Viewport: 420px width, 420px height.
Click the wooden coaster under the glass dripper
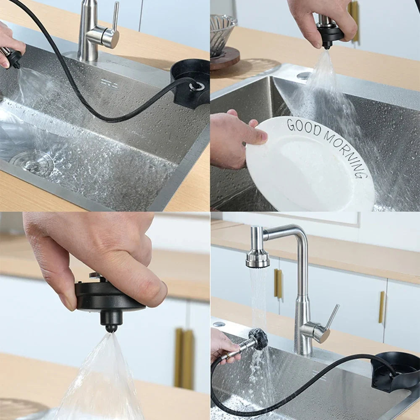pyautogui.click(x=225, y=58)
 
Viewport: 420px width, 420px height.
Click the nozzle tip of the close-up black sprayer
pyautogui.click(x=111, y=327)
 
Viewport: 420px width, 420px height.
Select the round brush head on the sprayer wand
pyautogui.click(x=257, y=339)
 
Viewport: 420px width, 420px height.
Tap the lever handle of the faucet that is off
pyautogui.click(x=115, y=17)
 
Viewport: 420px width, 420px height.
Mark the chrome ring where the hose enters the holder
pyautogui.click(x=196, y=86)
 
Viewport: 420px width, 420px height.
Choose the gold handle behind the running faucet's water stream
pyautogui.click(x=278, y=283)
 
